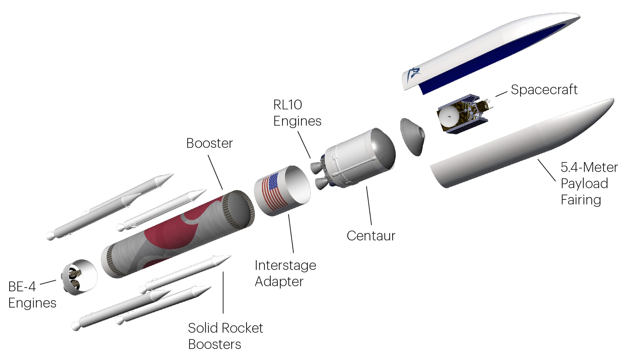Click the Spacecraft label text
click(544, 90)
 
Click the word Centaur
click(371, 236)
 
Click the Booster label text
click(209, 143)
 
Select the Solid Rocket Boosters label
click(225, 336)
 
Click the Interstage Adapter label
click(285, 273)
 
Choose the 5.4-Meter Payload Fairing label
click(588, 184)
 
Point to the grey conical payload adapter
click(412, 136)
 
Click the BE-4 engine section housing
click(80, 277)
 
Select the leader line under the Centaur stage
click(369, 206)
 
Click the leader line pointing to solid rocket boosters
click(223, 292)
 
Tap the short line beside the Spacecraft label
click(501, 94)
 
